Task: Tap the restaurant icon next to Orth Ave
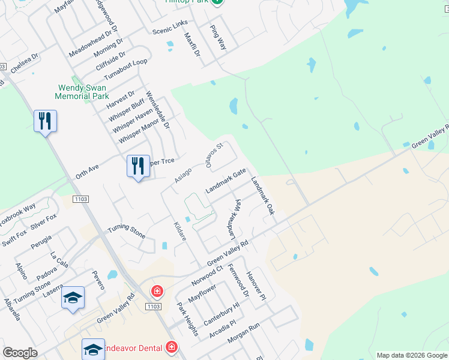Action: click(139, 166)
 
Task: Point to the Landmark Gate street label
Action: click(226, 181)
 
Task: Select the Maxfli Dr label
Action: click(192, 49)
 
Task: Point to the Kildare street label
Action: click(180, 231)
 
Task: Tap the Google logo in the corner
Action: click(20, 353)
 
